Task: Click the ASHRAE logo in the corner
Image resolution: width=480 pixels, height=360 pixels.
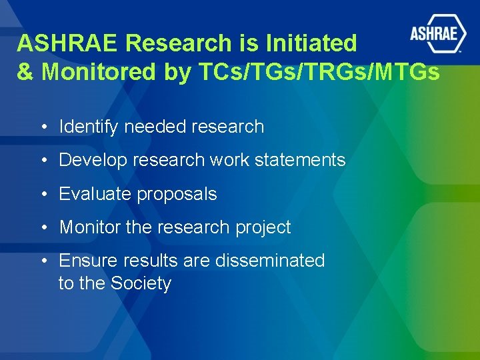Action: click(437, 33)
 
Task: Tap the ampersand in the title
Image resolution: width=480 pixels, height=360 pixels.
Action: click(25, 72)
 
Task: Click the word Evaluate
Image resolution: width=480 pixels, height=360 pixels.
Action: click(95, 194)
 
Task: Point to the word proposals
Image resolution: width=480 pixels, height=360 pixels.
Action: click(177, 194)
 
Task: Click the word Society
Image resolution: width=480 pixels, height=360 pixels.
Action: click(141, 283)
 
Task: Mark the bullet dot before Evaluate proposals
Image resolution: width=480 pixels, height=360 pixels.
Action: click(43, 195)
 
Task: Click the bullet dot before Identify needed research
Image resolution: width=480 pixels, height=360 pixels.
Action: click(43, 127)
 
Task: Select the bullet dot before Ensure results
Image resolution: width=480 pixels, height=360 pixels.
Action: click(43, 261)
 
